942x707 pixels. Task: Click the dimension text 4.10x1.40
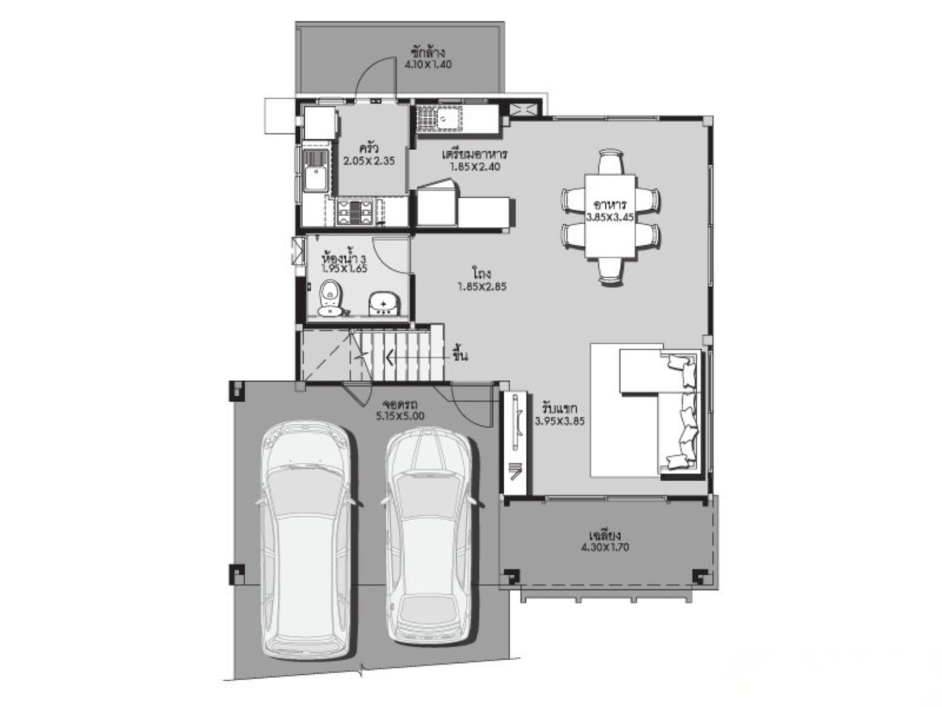tap(427, 65)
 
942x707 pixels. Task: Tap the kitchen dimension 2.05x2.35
tap(369, 161)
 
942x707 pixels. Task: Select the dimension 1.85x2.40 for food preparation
tap(475, 167)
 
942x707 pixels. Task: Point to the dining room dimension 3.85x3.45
tap(610, 218)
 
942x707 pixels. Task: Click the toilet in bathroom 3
tap(330, 297)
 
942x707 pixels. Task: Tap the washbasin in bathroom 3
tap(384, 303)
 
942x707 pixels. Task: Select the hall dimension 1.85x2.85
tap(482, 286)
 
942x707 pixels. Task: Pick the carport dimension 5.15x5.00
tap(400, 416)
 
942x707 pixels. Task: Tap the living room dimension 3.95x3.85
tap(559, 421)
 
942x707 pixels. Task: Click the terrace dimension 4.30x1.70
tap(604, 548)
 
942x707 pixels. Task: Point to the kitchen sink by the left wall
tap(316, 170)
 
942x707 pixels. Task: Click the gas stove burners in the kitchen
tap(352, 211)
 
